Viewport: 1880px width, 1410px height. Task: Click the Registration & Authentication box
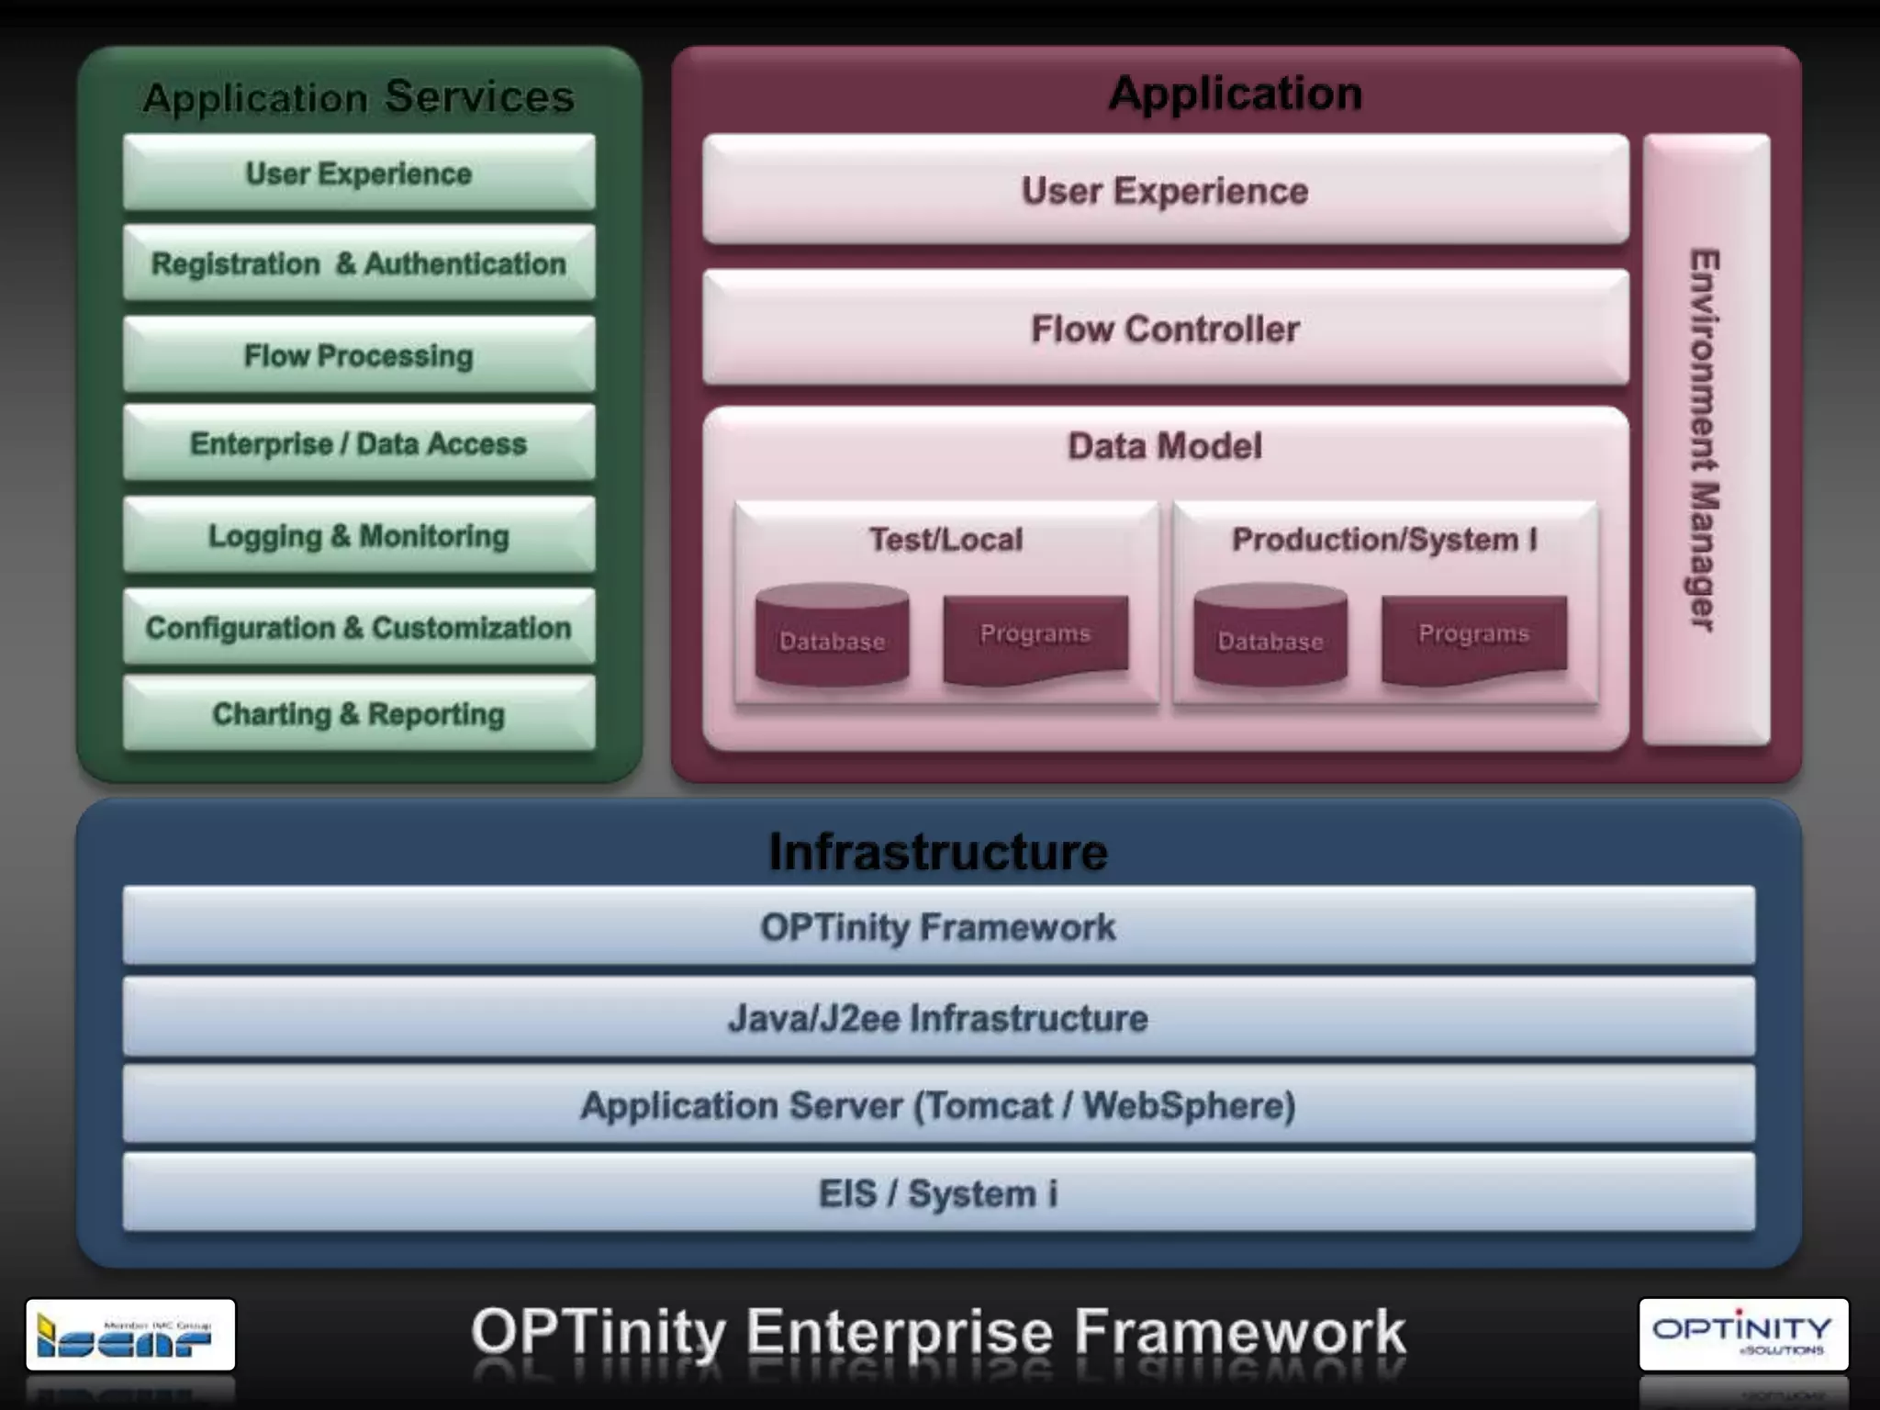pos(359,263)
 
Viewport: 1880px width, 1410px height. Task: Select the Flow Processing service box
pos(359,355)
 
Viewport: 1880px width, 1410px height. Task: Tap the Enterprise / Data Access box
pos(359,443)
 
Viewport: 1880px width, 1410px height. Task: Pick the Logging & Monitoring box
pos(359,535)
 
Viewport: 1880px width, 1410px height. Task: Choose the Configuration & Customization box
pos(359,627)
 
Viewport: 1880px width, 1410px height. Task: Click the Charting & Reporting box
pos(359,714)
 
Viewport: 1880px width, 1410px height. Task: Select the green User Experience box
pos(359,173)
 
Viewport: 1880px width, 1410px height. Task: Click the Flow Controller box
pos(1165,329)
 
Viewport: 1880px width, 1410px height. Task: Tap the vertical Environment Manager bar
pos(1706,439)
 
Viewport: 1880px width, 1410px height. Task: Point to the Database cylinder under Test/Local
pos(832,637)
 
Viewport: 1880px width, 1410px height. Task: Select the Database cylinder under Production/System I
pos(1270,637)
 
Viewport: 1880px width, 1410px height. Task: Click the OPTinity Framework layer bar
pos(938,926)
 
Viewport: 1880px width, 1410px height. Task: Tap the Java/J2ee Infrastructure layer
pos(938,1017)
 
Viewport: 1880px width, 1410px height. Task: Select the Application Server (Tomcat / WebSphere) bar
pos(938,1104)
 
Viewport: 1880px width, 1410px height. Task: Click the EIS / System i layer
pos(938,1193)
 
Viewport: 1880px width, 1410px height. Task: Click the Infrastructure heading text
pos(938,852)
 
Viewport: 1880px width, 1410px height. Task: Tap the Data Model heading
pos(1165,446)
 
